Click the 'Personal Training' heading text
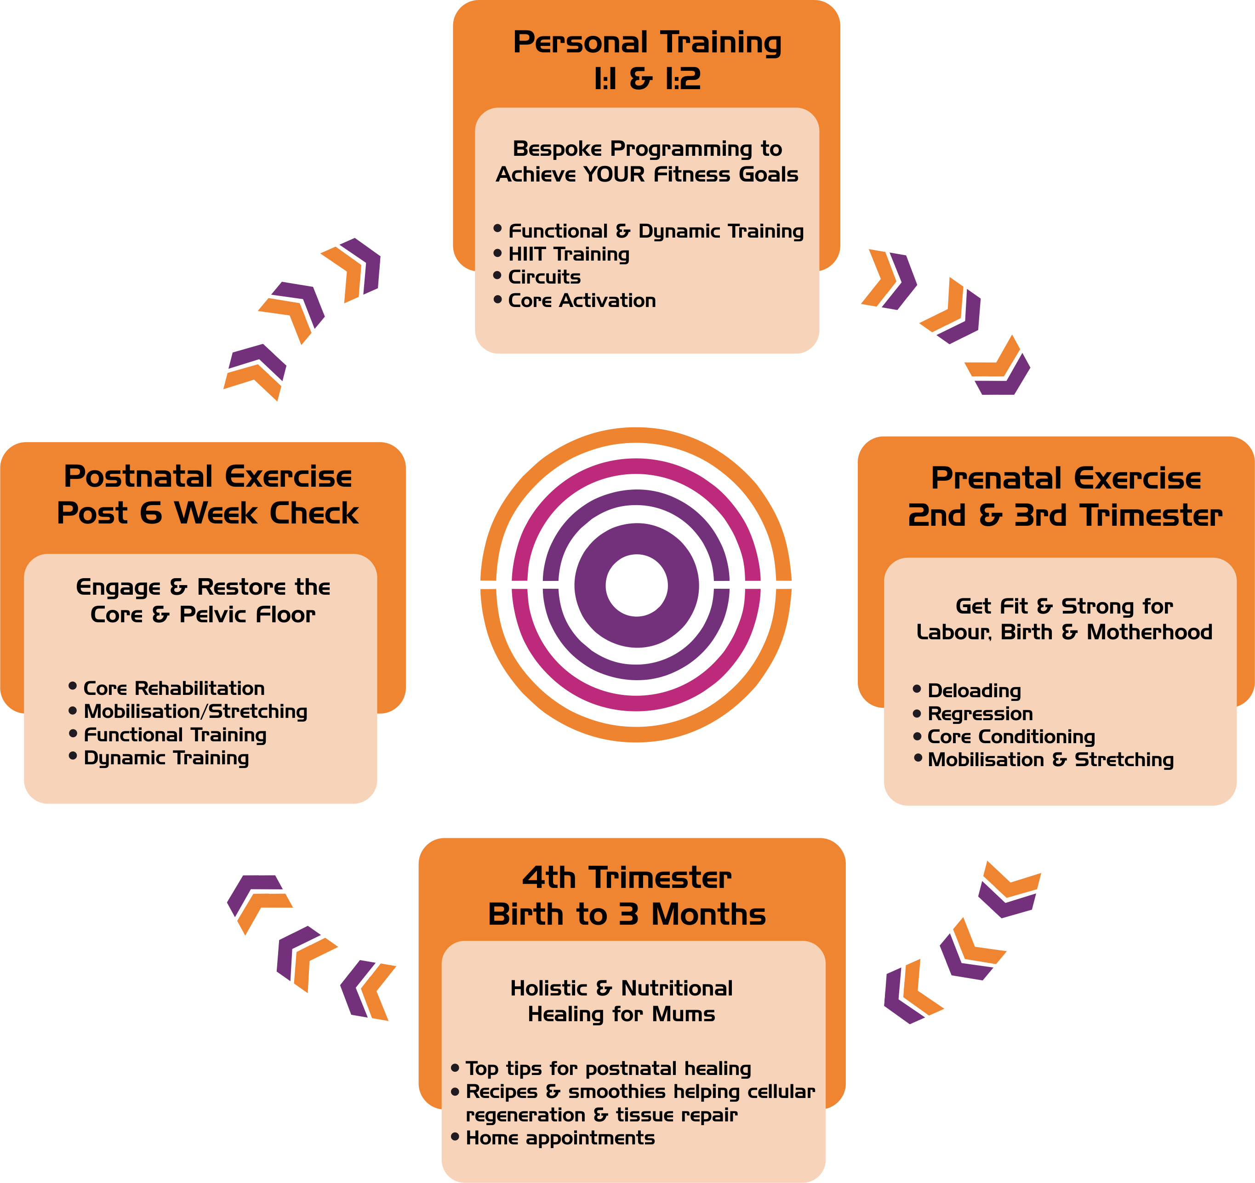(647, 43)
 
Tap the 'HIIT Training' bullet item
(568, 255)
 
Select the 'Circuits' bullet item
(544, 277)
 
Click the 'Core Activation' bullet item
(582, 301)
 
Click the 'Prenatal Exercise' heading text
(1066, 478)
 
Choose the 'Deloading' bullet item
(974, 691)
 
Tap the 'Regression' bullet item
(980, 714)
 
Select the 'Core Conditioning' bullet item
(1011, 737)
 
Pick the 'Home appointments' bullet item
(560, 1138)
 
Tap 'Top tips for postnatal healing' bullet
(608, 1069)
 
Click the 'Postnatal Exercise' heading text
(208, 477)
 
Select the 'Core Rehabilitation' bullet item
(174, 688)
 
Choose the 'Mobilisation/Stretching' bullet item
(195, 711)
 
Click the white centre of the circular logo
(636, 585)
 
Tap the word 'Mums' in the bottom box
(683, 1014)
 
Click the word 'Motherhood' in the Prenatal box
(1149, 632)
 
